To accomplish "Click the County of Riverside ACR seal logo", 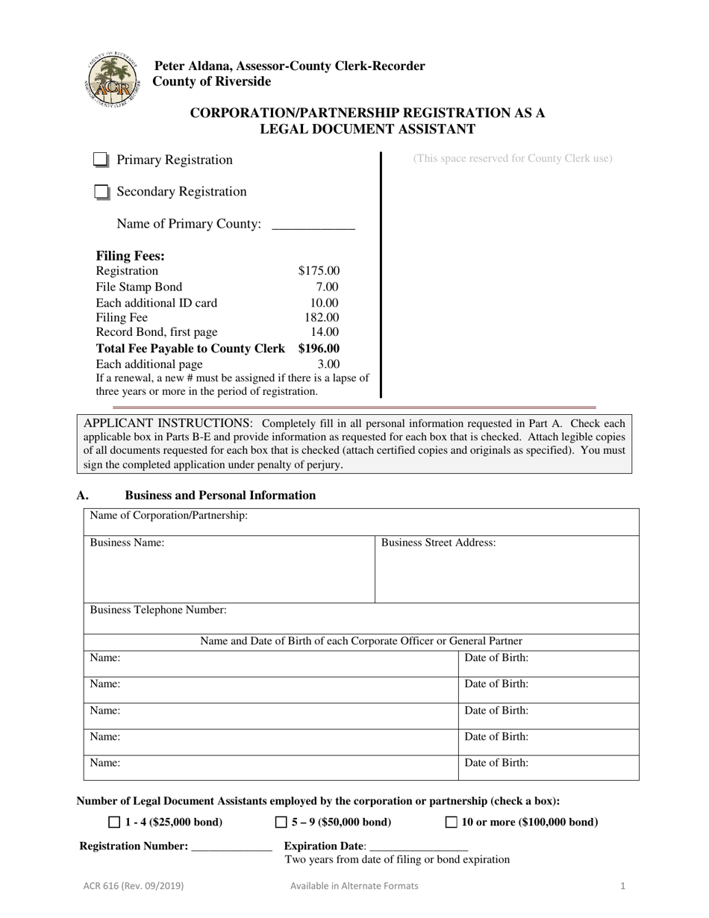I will click(x=111, y=81).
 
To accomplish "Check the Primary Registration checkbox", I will click(x=101, y=160).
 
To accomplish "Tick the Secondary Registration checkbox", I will click(x=101, y=193).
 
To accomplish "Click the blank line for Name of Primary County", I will click(x=313, y=225).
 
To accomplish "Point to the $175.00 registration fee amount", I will click(x=319, y=271).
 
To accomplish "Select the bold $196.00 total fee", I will click(x=319, y=349).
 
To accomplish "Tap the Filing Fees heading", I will click(x=130, y=255).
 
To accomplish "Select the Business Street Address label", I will click(x=438, y=543).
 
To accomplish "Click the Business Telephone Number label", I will click(x=158, y=610).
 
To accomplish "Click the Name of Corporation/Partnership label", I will click(x=169, y=516).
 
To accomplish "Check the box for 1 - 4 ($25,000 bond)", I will click(x=114, y=822).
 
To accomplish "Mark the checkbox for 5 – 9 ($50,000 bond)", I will click(x=281, y=822).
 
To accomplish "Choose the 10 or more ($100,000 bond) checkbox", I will click(x=452, y=822).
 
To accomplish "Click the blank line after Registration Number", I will click(x=231, y=846).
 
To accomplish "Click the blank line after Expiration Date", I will click(x=419, y=846).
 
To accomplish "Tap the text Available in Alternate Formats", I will click(x=354, y=886).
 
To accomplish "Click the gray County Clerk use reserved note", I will click(x=513, y=158).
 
